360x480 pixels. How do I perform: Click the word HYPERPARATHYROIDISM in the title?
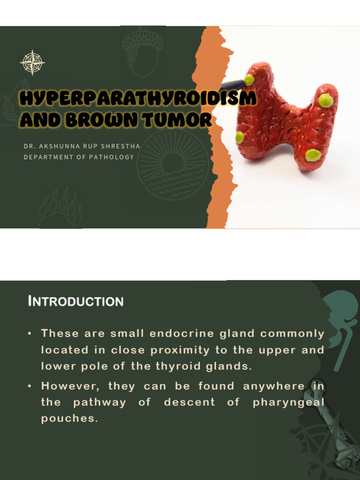click(138, 99)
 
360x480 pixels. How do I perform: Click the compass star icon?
click(32, 62)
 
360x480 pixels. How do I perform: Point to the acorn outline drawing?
click(143, 52)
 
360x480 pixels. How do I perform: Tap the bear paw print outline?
click(60, 209)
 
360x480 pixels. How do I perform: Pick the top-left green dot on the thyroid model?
click(249, 80)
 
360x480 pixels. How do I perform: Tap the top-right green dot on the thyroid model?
click(326, 100)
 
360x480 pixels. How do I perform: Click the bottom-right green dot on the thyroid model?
click(313, 155)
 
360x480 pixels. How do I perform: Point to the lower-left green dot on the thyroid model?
click(240, 137)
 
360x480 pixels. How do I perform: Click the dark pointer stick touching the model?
click(232, 85)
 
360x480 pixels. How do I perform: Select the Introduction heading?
click(75, 301)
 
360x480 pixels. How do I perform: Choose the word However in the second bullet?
click(71, 386)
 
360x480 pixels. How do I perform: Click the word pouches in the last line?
click(69, 419)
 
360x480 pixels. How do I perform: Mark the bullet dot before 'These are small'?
click(30, 334)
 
